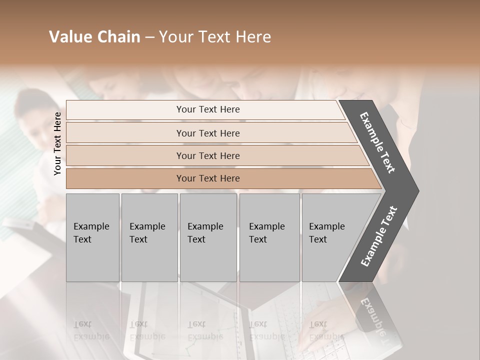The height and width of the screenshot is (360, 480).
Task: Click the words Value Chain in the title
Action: click(x=94, y=37)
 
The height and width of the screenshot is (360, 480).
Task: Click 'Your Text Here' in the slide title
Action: click(x=215, y=37)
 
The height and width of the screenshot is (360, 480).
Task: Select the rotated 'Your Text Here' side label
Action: click(x=57, y=143)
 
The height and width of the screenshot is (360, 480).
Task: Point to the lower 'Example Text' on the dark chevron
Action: click(x=379, y=236)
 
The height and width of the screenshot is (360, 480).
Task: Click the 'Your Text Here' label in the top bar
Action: click(x=208, y=109)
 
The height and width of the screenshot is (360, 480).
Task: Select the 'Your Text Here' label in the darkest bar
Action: click(x=208, y=178)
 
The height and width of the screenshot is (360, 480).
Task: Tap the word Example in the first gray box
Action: click(x=91, y=226)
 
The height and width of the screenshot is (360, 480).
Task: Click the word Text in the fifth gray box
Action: click(x=318, y=239)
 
